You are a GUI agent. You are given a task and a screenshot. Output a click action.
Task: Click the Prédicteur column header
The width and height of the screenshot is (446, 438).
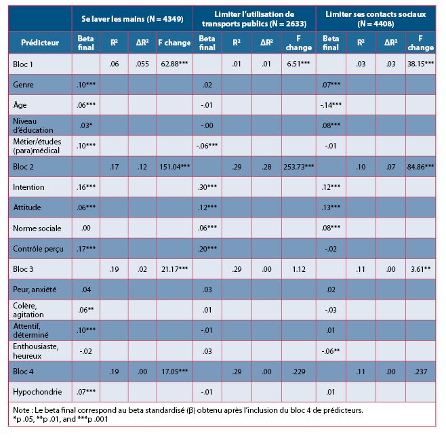(40, 43)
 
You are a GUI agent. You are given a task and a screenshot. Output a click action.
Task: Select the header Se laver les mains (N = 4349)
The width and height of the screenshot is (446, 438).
(132, 19)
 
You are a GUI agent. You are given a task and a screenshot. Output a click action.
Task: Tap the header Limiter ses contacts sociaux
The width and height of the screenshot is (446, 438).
(376, 19)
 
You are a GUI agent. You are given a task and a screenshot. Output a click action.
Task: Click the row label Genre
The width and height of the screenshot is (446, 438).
(23, 85)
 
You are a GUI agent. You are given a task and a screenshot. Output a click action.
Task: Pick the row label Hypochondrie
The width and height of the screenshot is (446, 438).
(37, 392)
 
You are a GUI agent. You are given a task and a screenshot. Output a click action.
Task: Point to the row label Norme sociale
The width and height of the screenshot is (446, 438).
(37, 228)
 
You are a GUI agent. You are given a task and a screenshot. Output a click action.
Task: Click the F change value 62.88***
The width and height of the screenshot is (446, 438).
(174, 64)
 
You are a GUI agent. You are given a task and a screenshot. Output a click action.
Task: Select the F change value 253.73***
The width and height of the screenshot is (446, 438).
(299, 167)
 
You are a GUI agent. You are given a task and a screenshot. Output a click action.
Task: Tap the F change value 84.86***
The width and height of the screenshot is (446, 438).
(420, 167)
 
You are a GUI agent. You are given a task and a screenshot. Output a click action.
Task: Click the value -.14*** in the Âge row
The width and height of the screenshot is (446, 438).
(331, 105)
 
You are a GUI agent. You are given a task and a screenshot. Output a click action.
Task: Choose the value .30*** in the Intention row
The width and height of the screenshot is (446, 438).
(207, 187)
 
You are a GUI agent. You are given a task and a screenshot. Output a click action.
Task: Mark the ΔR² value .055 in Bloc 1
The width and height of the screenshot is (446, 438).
(142, 64)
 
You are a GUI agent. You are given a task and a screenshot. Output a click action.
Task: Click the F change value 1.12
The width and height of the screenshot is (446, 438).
(299, 269)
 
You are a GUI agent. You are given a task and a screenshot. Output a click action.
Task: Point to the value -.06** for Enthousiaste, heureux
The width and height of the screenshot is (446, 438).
(331, 351)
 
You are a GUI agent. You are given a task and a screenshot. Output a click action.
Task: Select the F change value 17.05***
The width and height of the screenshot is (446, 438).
(174, 372)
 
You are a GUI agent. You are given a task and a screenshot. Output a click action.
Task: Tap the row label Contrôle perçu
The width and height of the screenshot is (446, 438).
(38, 249)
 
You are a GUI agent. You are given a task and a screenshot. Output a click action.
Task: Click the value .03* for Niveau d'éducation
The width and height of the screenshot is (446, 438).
(86, 125)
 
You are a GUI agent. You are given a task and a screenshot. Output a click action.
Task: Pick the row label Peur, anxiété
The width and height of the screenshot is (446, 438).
(35, 290)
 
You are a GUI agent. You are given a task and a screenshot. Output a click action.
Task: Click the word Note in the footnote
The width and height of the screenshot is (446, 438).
(22, 410)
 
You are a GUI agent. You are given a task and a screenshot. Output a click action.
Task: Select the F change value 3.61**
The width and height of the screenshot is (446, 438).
(420, 269)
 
